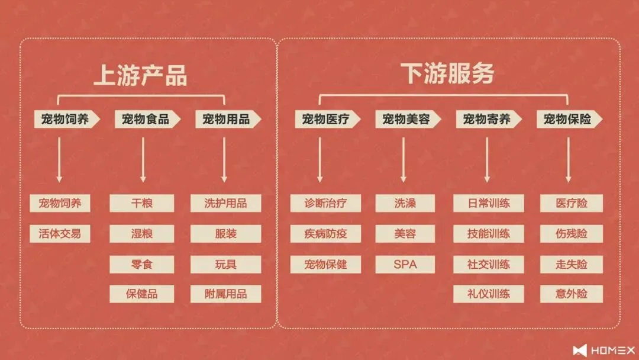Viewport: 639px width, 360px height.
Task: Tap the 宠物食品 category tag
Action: point(146,119)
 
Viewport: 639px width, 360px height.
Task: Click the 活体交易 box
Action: point(60,233)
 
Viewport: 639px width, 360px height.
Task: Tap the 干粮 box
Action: point(142,203)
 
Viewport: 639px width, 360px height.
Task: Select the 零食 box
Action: point(142,264)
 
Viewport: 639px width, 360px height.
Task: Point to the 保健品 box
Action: point(142,294)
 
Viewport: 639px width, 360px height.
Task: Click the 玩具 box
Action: point(225,264)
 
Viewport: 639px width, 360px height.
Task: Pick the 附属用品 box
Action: point(225,294)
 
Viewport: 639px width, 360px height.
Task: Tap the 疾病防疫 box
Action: point(326,233)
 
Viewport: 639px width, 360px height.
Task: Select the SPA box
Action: point(405,264)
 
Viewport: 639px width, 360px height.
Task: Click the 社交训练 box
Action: point(489,264)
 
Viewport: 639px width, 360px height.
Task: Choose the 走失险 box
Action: point(572,264)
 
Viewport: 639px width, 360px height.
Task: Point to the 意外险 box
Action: point(572,294)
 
